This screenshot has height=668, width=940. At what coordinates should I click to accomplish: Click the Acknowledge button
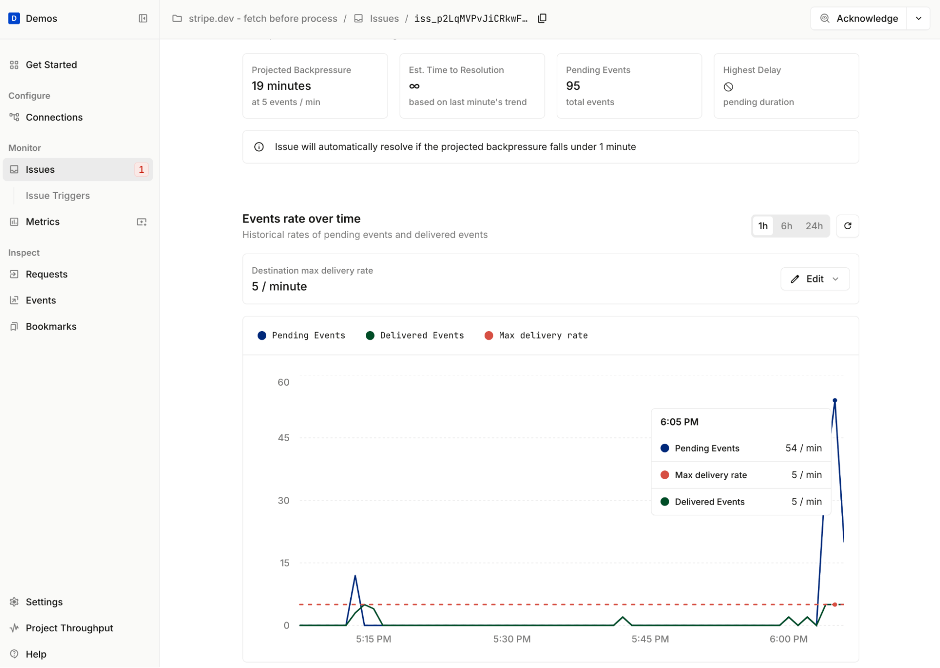pyautogui.click(x=859, y=19)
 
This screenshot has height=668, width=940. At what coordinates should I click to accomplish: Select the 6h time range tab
pyautogui.click(x=786, y=226)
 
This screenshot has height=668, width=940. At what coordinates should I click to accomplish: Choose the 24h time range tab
pyautogui.click(x=814, y=226)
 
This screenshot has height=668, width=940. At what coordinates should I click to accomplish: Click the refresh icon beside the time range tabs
pyautogui.click(x=847, y=226)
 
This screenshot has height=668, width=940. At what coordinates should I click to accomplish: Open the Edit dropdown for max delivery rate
pyautogui.click(x=814, y=279)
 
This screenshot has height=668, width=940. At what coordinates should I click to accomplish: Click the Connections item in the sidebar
pyautogui.click(x=54, y=117)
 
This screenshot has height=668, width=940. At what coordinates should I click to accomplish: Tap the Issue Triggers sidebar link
pyautogui.click(x=57, y=196)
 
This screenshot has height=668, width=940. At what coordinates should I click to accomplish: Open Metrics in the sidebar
pyautogui.click(x=42, y=222)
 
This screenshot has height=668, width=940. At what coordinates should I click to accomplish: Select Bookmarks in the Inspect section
pyautogui.click(x=51, y=326)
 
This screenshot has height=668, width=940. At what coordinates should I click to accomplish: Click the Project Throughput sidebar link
pyautogui.click(x=69, y=628)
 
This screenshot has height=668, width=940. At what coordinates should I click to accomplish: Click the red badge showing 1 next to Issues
pyautogui.click(x=141, y=170)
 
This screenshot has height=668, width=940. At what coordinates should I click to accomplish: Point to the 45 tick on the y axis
pyautogui.click(x=283, y=438)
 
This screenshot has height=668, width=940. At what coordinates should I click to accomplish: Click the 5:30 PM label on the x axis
pyautogui.click(x=512, y=639)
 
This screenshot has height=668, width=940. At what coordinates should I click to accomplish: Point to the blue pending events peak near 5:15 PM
pyautogui.click(x=355, y=576)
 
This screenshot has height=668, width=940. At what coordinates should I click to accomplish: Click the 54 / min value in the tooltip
pyautogui.click(x=803, y=448)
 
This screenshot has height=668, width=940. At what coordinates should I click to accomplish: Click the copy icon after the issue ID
pyautogui.click(x=542, y=18)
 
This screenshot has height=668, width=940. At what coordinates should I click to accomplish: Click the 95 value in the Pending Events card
pyautogui.click(x=573, y=86)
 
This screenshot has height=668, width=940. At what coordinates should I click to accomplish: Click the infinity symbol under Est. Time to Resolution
pyautogui.click(x=414, y=86)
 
